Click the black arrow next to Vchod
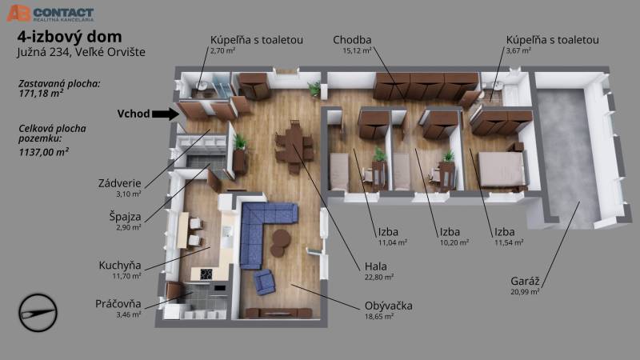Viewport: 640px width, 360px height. click(x=166, y=114)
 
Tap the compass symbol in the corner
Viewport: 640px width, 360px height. click(x=38, y=308)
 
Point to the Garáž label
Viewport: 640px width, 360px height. click(x=524, y=281)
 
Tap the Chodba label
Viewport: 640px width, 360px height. click(x=353, y=39)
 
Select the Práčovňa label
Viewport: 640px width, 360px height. click(x=119, y=304)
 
